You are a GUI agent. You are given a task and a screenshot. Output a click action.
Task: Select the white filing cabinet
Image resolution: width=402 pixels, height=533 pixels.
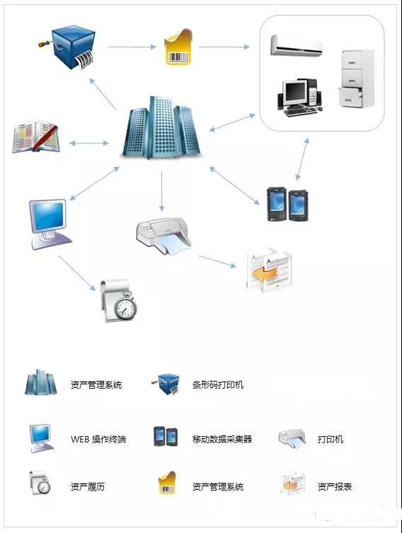point(357,79)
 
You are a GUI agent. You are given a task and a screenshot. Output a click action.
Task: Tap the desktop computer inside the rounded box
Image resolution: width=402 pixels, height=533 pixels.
point(299,98)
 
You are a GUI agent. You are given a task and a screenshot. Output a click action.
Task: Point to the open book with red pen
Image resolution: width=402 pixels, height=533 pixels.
point(35,137)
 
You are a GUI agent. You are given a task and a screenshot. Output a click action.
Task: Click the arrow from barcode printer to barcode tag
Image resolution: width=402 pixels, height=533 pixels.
point(132,47)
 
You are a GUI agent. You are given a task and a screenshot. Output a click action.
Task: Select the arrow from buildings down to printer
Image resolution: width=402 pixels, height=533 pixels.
point(162,190)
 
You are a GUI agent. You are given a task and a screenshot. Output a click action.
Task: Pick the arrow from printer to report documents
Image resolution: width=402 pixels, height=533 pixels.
point(217,261)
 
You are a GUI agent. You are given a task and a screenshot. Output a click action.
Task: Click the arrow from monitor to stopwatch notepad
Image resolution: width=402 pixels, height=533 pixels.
point(77,273)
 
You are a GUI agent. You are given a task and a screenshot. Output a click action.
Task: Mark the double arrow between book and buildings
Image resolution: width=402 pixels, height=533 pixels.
point(89,144)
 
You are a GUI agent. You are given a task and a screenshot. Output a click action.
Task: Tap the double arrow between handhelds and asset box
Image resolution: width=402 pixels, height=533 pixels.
point(302,159)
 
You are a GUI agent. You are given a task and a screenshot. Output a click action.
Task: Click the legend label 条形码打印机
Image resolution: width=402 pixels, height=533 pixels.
point(218,385)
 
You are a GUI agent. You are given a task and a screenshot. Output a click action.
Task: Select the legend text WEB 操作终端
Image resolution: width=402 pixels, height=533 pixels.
point(98,439)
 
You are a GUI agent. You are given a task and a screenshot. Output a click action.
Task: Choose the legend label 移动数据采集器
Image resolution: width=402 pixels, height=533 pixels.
point(222,439)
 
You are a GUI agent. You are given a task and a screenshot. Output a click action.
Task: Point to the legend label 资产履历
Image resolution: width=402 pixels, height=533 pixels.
point(88,487)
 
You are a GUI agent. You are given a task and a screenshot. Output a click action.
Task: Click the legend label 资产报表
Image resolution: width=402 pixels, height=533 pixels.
point(335,487)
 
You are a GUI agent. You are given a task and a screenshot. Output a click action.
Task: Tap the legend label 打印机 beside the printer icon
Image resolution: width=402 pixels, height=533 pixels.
point(331,439)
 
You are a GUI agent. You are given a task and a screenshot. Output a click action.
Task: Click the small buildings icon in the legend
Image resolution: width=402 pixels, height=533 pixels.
point(40,382)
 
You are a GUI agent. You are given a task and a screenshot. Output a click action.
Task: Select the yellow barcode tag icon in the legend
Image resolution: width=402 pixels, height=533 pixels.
point(167,483)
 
